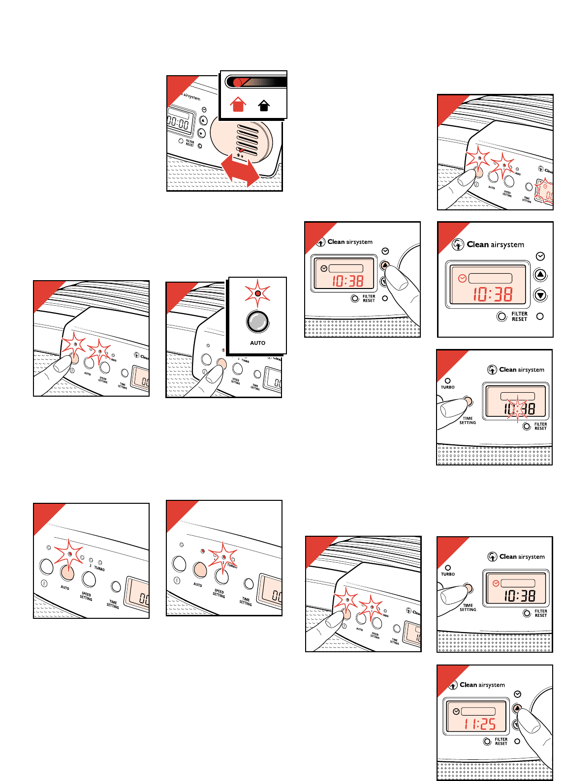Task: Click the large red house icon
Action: (x=238, y=104)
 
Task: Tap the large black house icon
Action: (x=264, y=105)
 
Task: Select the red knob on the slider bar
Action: (x=238, y=82)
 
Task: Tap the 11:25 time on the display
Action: (x=480, y=724)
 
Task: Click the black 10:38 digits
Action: (x=519, y=596)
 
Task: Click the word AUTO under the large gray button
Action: (x=257, y=343)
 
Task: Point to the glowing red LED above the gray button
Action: (x=257, y=293)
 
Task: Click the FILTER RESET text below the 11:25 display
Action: (x=501, y=741)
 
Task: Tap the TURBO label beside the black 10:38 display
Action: (x=448, y=574)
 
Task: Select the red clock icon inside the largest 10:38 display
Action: (x=462, y=278)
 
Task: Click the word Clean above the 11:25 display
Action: (x=468, y=685)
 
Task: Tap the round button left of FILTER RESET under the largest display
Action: (x=501, y=317)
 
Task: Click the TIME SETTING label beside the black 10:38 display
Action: (x=468, y=607)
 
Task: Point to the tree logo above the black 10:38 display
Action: (x=492, y=556)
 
